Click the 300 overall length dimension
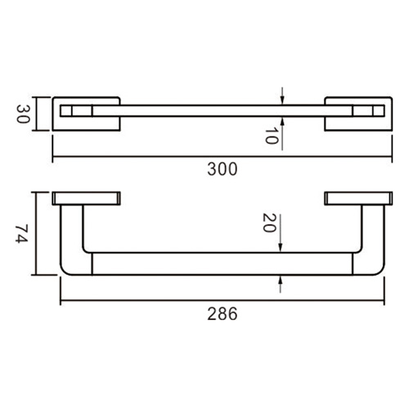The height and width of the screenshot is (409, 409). pos(222,170)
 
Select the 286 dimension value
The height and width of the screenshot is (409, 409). pos(222,313)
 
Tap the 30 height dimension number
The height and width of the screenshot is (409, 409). pos(24,114)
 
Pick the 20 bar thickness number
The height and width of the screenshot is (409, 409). pos(267,223)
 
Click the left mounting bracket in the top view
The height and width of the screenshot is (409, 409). pos(86,114)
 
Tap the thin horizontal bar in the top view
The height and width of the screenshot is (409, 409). pos(221,110)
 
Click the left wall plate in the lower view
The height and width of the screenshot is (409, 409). pos(86,198)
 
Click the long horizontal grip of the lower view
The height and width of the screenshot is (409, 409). pos(221,263)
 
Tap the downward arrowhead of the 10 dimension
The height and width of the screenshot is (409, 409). pos(281,100)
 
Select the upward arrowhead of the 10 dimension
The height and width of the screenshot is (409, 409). pos(281,119)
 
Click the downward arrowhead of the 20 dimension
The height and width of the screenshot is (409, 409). pos(281,247)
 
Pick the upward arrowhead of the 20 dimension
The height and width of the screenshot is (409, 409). pos(281,280)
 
